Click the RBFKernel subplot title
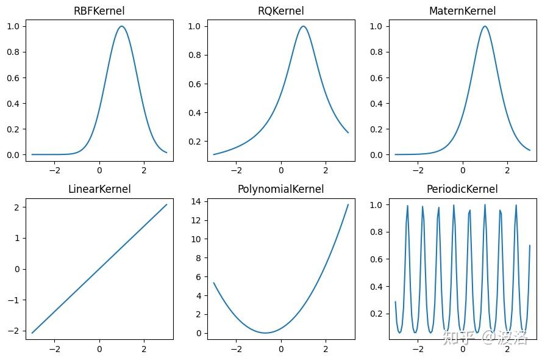[99, 11]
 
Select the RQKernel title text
[280, 11]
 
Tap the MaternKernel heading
[462, 11]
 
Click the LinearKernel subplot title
[99, 189]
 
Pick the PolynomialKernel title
[280, 189]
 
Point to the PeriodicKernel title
[462, 189]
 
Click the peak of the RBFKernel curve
[122, 26]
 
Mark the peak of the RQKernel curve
[303, 26]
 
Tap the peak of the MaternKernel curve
[485, 26]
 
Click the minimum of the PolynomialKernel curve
[265, 333]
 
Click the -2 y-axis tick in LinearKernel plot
[16, 331]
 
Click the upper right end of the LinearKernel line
[166, 204]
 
